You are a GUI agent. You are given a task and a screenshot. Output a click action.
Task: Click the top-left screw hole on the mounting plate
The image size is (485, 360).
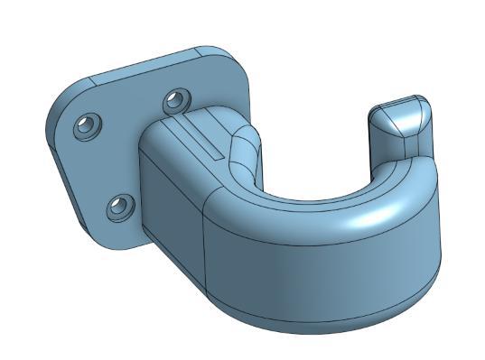pyautogui.click(x=89, y=125)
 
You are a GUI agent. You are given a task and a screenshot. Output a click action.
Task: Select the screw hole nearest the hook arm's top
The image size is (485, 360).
pyautogui.click(x=176, y=99)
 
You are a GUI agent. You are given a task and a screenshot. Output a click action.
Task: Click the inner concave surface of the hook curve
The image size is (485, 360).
pyautogui.click(x=316, y=194)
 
